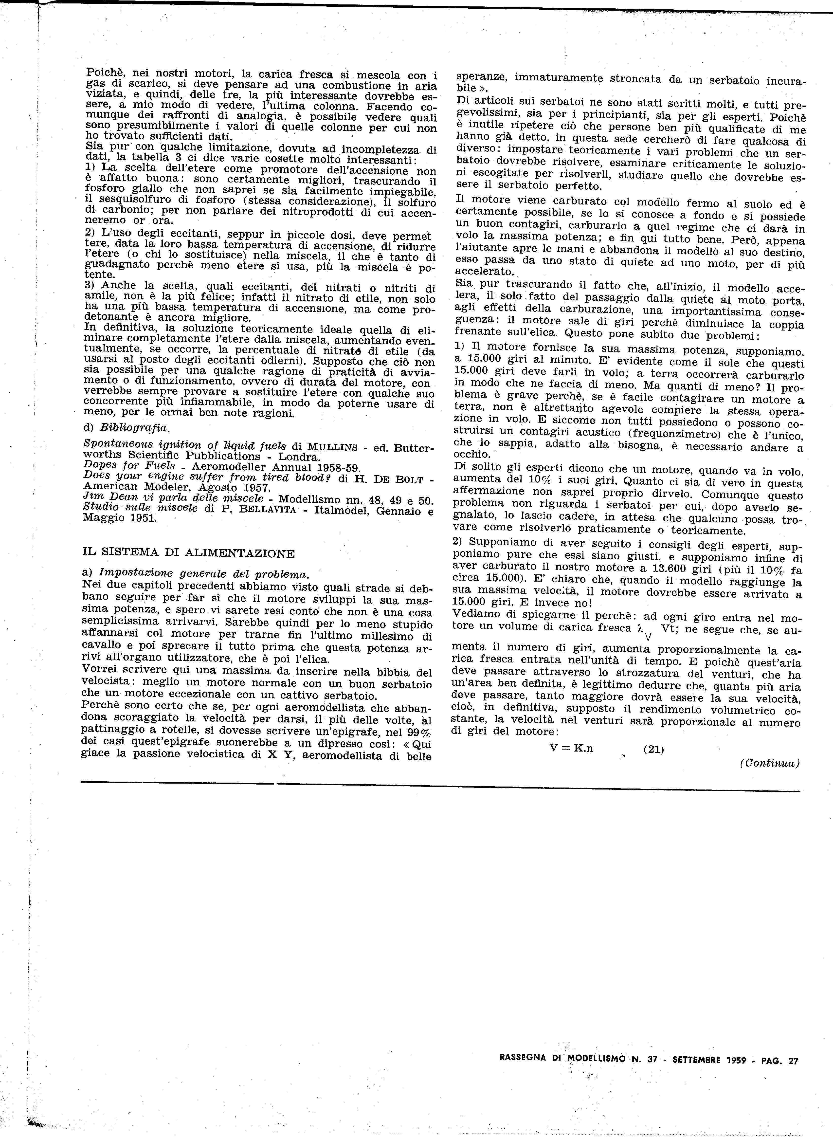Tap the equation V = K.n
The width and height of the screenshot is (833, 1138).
(x=571, y=748)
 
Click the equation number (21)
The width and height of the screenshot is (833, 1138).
(x=653, y=749)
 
